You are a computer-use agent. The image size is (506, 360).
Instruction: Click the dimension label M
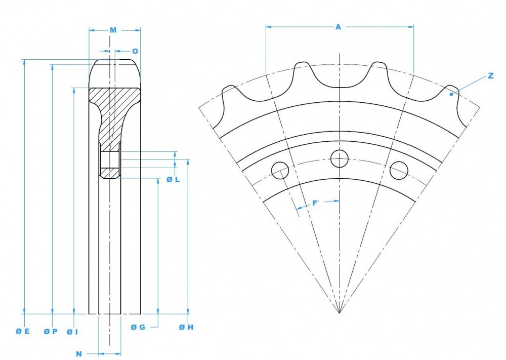(x=113, y=30)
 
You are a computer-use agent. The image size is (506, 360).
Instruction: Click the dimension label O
(x=135, y=51)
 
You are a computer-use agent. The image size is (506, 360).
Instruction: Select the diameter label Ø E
(x=23, y=331)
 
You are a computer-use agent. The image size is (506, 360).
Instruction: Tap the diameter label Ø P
(x=51, y=331)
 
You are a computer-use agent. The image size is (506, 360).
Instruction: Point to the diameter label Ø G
(x=138, y=327)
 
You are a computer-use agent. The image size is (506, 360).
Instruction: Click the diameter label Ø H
(x=186, y=327)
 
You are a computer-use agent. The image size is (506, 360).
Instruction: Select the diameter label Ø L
(x=173, y=180)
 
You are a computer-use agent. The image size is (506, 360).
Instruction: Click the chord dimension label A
(x=338, y=27)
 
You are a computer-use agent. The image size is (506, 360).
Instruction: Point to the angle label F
(x=315, y=203)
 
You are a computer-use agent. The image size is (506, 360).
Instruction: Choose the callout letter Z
(x=490, y=76)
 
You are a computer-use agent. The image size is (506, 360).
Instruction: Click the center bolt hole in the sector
(x=339, y=158)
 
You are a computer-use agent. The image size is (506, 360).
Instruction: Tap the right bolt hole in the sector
(x=399, y=170)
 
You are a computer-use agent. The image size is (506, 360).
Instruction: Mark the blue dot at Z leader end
(x=450, y=94)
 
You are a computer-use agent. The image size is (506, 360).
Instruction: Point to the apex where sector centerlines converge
(x=339, y=313)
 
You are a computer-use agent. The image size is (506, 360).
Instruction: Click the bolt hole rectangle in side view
(x=110, y=160)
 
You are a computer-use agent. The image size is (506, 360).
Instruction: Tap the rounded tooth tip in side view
(x=115, y=71)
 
